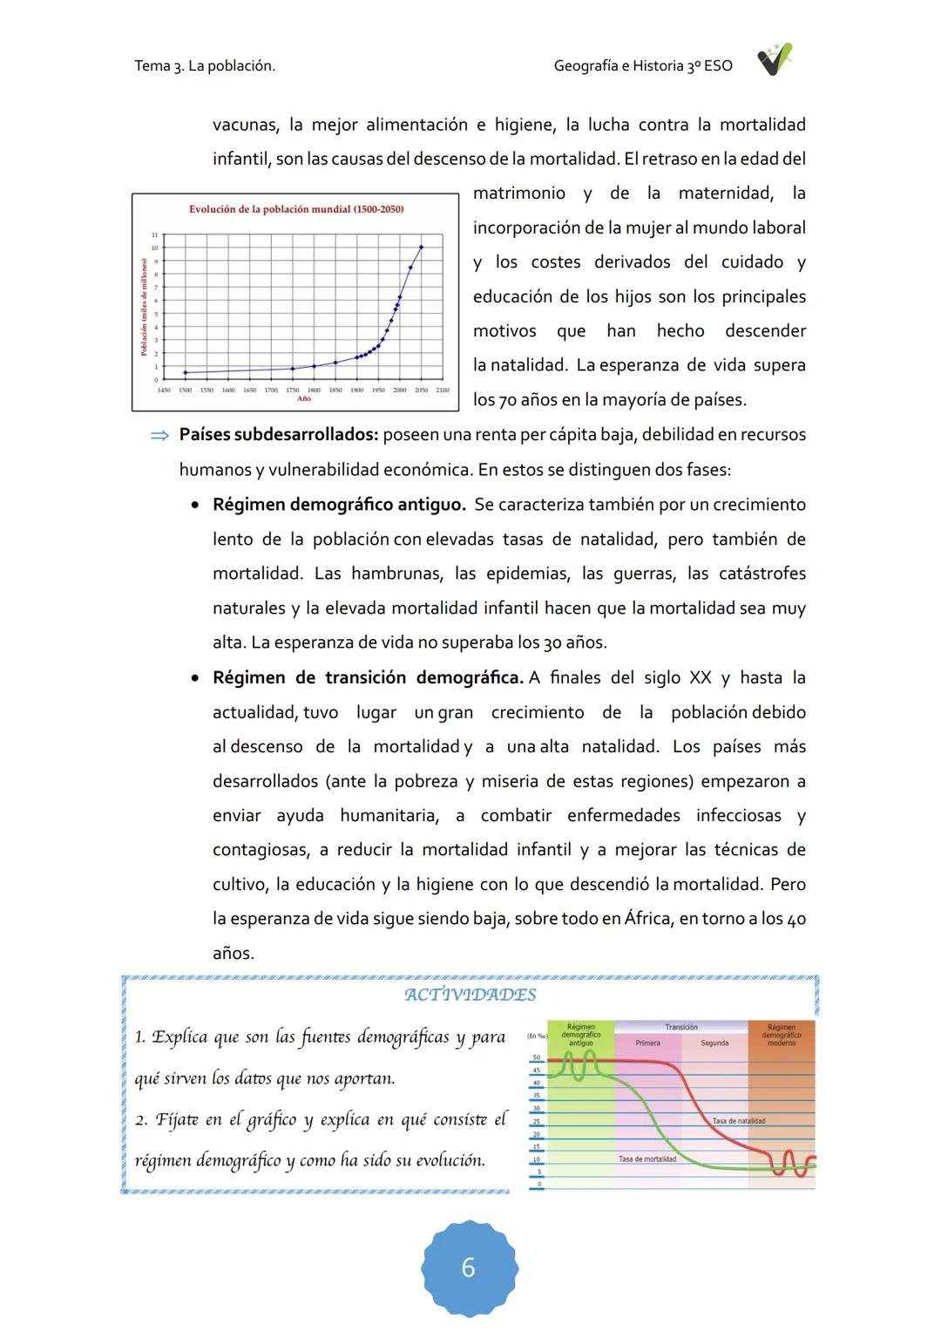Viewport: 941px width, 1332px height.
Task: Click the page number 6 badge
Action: tap(469, 1267)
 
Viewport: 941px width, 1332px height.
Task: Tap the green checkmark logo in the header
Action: tap(773, 61)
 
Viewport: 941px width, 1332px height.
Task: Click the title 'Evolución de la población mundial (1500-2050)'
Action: tap(296, 209)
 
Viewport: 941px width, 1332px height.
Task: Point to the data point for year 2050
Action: tap(421, 247)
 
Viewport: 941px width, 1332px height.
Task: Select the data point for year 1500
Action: tap(186, 372)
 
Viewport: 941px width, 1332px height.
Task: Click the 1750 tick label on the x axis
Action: tap(293, 391)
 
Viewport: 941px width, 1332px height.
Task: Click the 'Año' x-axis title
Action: tap(303, 398)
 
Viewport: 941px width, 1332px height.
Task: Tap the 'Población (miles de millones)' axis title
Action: tap(145, 307)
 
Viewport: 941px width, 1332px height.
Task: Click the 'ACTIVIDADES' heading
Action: tap(470, 995)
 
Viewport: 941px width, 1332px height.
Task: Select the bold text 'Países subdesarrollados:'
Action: tap(279, 435)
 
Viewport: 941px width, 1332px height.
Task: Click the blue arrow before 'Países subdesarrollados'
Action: tap(159, 436)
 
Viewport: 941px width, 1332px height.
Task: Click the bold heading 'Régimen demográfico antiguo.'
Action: tap(339, 505)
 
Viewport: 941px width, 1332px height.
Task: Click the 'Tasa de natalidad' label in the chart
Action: tap(738, 1121)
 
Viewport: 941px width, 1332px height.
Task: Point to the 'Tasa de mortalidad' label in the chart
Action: tap(647, 1159)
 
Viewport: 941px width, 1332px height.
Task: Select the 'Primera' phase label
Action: tap(647, 1043)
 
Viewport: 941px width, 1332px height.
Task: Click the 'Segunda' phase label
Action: tap(714, 1043)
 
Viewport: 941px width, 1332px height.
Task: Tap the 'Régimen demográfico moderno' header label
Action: tap(782, 1035)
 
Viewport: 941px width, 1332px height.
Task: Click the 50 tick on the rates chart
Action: tap(537, 1057)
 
